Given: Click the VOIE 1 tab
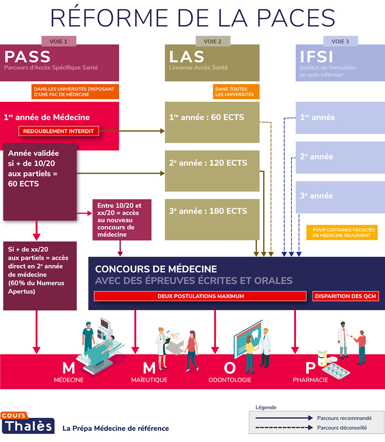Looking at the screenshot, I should click(59, 42).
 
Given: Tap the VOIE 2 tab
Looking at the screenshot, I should click(213, 42).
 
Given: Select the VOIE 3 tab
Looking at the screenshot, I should click(340, 42).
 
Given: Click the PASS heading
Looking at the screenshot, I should click(27, 57).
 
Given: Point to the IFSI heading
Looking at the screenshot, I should click(317, 57).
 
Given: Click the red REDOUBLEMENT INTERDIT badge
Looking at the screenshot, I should click(59, 131).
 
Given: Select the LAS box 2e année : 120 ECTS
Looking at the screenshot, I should click(212, 163).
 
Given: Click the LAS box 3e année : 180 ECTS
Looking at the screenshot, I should click(212, 211).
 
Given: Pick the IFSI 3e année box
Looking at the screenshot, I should click(340, 196).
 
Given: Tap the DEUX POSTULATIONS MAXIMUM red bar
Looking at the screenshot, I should click(200, 296).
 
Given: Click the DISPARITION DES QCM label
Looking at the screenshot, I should click(346, 296).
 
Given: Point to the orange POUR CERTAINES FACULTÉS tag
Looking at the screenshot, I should click(344, 232).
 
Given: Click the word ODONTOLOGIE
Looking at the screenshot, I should click(230, 380).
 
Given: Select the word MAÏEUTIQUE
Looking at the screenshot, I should click(149, 380).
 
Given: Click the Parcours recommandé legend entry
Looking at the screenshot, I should click(344, 418).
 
